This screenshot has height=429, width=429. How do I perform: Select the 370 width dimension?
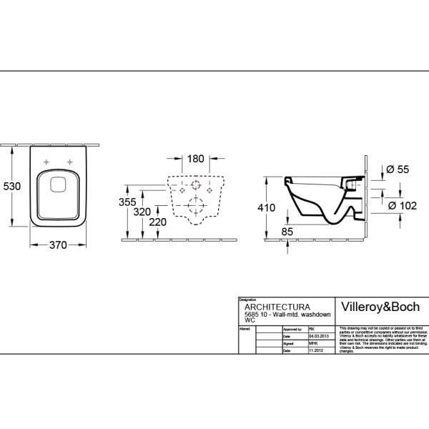click(57, 245)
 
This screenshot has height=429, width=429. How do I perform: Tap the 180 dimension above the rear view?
click(197, 159)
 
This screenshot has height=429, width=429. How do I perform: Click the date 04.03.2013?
click(319, 335)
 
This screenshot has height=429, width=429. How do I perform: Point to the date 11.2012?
click(316, 351)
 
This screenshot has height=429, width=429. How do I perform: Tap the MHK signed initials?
click(312, 343)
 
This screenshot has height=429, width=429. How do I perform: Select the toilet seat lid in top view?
click(58, 192)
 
